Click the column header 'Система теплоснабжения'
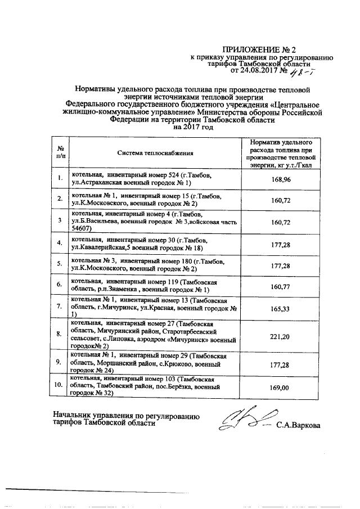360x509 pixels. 155,152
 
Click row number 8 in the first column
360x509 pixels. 59,334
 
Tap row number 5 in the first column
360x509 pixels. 59,264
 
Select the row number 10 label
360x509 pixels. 58,386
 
